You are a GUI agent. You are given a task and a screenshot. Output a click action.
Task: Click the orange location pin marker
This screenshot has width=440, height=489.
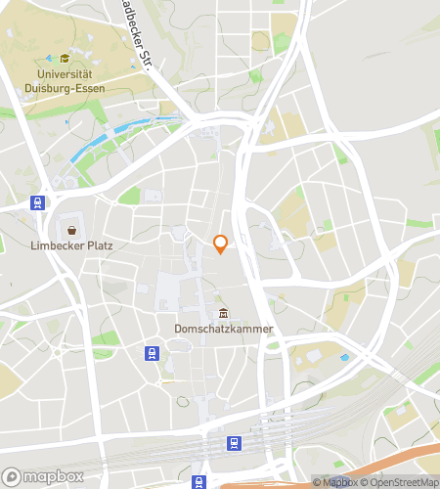click(x=220, y=244)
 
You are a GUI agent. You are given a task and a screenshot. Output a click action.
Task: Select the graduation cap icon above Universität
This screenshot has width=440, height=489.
click(x=65, y=59)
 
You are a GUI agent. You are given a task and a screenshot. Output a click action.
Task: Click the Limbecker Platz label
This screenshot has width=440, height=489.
click(x=71, y=245)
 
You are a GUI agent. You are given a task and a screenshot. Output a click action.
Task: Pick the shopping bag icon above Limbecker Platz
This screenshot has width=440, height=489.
click(x=71, y=230)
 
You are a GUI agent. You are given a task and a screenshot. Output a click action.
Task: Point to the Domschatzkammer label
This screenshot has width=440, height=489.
click(x=224, y=329)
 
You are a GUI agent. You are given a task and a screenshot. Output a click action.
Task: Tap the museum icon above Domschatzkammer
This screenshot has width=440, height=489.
click(x=224, y=313)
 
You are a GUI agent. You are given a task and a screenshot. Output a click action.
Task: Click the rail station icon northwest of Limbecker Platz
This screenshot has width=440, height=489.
click(x=37, y=203)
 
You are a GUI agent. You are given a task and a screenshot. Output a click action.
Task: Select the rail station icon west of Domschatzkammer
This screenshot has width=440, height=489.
click(x=152, y=353)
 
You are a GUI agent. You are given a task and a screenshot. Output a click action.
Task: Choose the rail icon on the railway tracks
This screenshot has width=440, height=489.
click(x=234, y=443)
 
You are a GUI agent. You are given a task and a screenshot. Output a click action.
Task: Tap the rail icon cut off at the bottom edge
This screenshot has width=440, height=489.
click(x=199, y=481)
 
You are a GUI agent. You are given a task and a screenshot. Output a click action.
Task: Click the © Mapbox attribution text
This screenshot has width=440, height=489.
click(x=335, y=482)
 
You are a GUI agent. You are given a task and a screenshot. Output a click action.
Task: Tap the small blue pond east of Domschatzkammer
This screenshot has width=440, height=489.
click(x=343, y=358)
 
